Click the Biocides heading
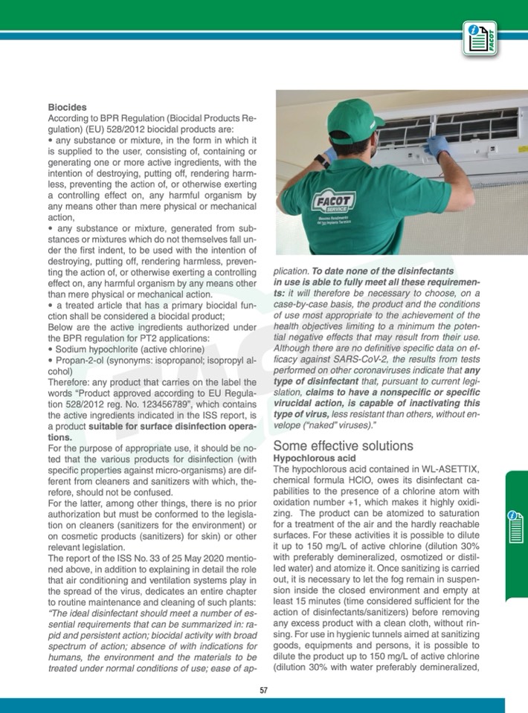point(67,108)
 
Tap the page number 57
point(263,690)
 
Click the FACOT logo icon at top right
point(480,38)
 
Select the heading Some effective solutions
point(343,446)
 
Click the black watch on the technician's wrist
point(321,159)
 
